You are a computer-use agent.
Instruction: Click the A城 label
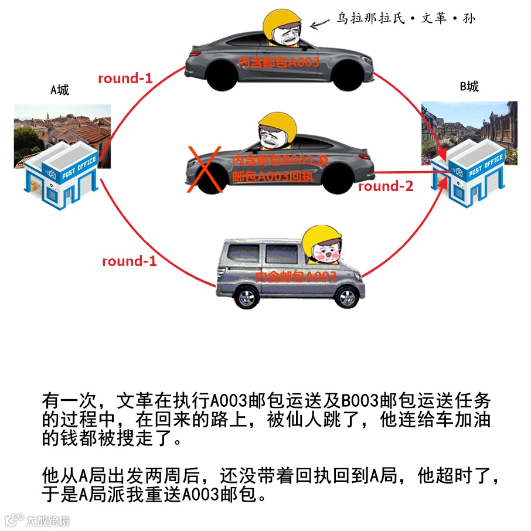coord(59,90)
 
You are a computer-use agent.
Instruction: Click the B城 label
coord(469,87)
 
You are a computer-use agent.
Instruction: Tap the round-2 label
coord(386,186)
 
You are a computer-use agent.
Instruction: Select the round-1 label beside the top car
coord(125,78)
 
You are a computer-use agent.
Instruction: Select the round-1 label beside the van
coord(129,261)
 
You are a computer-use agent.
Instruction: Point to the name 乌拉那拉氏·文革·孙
coord(405,19)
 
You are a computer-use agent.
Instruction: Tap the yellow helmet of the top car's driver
coord(282,23)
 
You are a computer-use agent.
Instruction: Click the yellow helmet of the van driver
coord(324,236)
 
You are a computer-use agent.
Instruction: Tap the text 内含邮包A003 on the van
coord(296,276)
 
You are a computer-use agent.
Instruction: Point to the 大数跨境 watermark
coord(38,520)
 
